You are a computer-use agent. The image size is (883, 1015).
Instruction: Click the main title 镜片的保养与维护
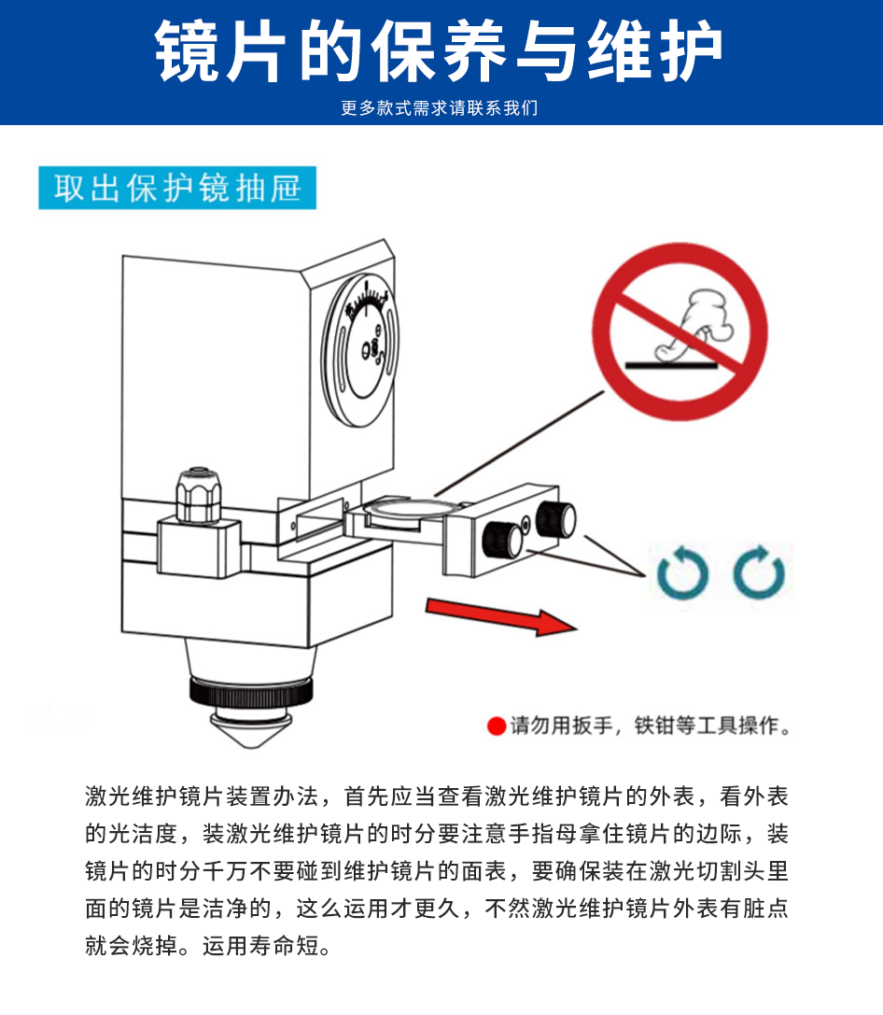pyautogui.click(x=438, y=51)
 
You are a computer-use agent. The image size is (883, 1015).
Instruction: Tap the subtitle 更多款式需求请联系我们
pyautogui.click(x=440, y=108)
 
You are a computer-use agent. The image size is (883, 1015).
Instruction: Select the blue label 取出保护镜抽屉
pyautogui.click(x=177, y=188)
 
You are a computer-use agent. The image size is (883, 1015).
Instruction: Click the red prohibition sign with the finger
pyautogui.click(x=680, y=331)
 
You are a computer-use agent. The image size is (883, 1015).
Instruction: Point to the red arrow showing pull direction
pyautogui.click(x=500, y=616)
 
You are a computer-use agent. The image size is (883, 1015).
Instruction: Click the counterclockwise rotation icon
pyautogui.click(x=682, y=572)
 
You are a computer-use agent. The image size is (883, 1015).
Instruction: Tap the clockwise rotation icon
pyautogui.click(x=759, y=572)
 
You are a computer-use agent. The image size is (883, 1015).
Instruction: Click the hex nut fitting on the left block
pyautogui.click(x=199, y=496)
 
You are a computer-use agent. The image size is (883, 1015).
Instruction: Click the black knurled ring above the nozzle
pyautogui.click(x=251, y=692)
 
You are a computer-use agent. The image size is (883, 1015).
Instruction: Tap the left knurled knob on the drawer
pyautogui.click(x=502, y=539)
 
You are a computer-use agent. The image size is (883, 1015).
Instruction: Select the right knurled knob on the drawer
pyautogui.click(x=555, y=519)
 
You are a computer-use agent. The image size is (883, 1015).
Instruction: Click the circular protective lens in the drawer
pyautogui.click(x=409, y=507)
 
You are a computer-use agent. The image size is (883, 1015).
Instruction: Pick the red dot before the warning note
pyautogui.click(x=497, y=726)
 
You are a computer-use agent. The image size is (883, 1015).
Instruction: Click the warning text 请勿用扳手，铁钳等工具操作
pyautogui.click(x=650, y=726)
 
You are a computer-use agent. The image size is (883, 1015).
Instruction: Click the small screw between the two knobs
pyautogui.click(x=526, y=521)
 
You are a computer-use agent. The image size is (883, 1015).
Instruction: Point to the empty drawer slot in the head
pyautogui.click(x=318, y=516)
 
